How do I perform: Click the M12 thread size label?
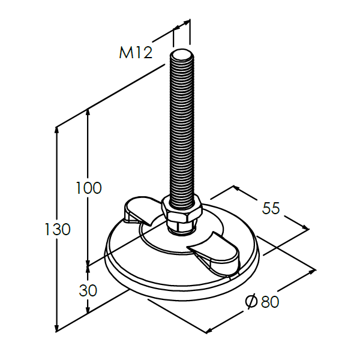click(x=136, y=53)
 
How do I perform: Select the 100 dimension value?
click(x=88, y=188)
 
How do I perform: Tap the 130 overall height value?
click(x=58, y=229)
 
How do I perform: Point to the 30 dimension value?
click(x=88, y=290)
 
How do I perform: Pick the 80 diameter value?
click(x=270, y=302)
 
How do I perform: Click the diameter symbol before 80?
click(x=251, y=301)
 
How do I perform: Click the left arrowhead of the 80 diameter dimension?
click(x=209, y=329)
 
